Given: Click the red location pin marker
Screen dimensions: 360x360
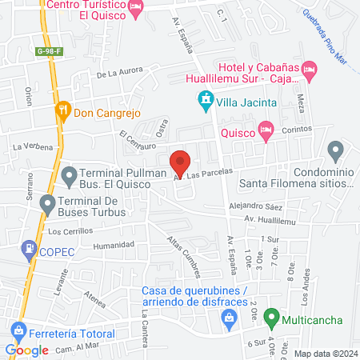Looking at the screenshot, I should click(x=180, y=162).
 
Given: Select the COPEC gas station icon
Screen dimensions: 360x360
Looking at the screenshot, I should click(x=30, y=250).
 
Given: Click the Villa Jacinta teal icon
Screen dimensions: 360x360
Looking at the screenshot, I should click(x=206, y=101).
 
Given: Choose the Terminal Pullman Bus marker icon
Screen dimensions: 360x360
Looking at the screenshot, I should click(x=70, y=174).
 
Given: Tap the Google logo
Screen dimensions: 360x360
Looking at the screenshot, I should click(x=26, y=350).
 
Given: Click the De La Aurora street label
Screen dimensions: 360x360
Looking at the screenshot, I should click(x=118, y=74).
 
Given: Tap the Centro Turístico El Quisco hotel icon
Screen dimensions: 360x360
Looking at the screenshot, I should click(x=137, y=8).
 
